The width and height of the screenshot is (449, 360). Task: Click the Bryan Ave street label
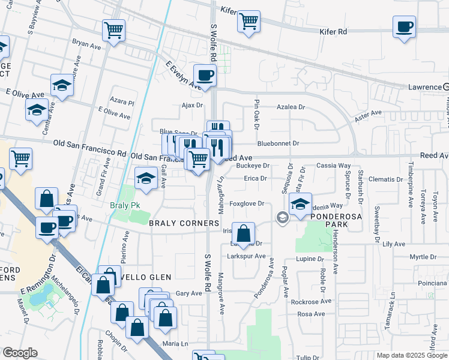86,44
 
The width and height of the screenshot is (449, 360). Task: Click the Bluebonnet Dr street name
278,143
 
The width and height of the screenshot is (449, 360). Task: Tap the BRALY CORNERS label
184,223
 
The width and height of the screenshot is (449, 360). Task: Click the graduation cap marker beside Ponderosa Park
300,204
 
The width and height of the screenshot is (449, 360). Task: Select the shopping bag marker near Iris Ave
243,233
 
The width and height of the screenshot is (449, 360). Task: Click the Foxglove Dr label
247,203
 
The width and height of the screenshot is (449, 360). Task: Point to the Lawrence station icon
446,87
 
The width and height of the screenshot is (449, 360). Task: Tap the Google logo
19,353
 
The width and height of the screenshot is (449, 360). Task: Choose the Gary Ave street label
189,293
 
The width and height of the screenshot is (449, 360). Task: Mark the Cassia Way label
334,165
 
